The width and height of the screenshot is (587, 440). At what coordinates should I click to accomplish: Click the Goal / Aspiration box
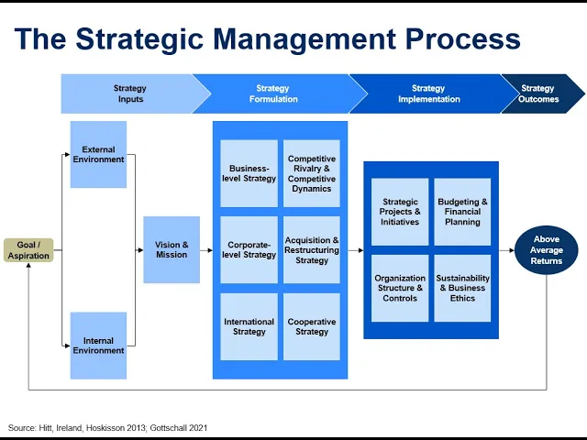pos(28,250)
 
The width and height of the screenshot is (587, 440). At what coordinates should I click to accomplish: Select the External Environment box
pos(98,154)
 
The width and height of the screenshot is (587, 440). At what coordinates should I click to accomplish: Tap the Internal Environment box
pos(98,346)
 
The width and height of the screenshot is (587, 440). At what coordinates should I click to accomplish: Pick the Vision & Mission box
pos(172,249)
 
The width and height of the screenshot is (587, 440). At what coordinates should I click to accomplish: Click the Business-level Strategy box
pos(249,173)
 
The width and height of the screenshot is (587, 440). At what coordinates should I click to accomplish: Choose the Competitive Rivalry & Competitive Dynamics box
pos(312,173)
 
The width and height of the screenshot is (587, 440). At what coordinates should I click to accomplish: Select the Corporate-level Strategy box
pos(249,249)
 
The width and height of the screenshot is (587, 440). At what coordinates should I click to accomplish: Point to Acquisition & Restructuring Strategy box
pos(312,249)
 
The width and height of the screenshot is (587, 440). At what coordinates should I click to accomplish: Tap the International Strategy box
pos(249,326)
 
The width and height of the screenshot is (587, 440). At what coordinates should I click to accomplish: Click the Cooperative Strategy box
pos(312,326)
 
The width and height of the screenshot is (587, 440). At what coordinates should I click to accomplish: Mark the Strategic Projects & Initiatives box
pos(400,212)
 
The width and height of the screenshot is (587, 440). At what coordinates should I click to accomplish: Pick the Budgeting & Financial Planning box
pos(462,212)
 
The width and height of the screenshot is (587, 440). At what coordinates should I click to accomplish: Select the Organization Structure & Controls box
pos(400,288)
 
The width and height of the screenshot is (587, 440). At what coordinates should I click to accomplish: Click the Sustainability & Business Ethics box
pos(462,288)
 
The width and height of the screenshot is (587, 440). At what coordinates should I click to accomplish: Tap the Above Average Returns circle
pos(547,249)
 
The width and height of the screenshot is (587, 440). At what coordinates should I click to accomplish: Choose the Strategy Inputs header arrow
pos(130,93)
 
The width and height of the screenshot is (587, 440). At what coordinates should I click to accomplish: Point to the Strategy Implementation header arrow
pos(427,93)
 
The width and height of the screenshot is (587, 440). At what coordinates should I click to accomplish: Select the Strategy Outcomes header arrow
pos(541,93)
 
